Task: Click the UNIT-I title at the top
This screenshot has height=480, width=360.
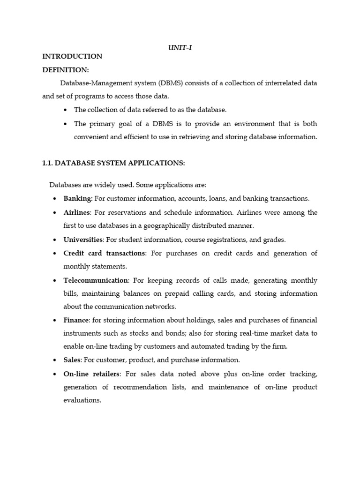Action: click(180, 47)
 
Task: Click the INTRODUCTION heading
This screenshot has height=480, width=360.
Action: click(72, 56)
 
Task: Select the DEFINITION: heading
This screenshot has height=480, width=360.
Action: click(66, 70)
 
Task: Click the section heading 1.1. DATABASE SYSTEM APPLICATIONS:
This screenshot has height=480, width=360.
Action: click(114, 163)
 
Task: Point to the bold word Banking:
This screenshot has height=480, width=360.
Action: click(78, 199)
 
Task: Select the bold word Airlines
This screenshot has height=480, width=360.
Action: click(76, 212)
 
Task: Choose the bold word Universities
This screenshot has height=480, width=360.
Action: click(83, 240)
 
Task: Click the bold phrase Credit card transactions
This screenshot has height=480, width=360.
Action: click(105, 253)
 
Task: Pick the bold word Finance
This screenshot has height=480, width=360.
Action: click(76, 320)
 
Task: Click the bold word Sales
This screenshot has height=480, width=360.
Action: click(72, 360)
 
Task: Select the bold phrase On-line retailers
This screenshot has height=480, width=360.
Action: click(92, 374)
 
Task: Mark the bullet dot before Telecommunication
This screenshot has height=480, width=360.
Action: click(55, 281)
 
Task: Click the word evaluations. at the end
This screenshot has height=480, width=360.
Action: click(82, 401)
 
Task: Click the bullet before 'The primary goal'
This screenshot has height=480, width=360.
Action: click(65, 124)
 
